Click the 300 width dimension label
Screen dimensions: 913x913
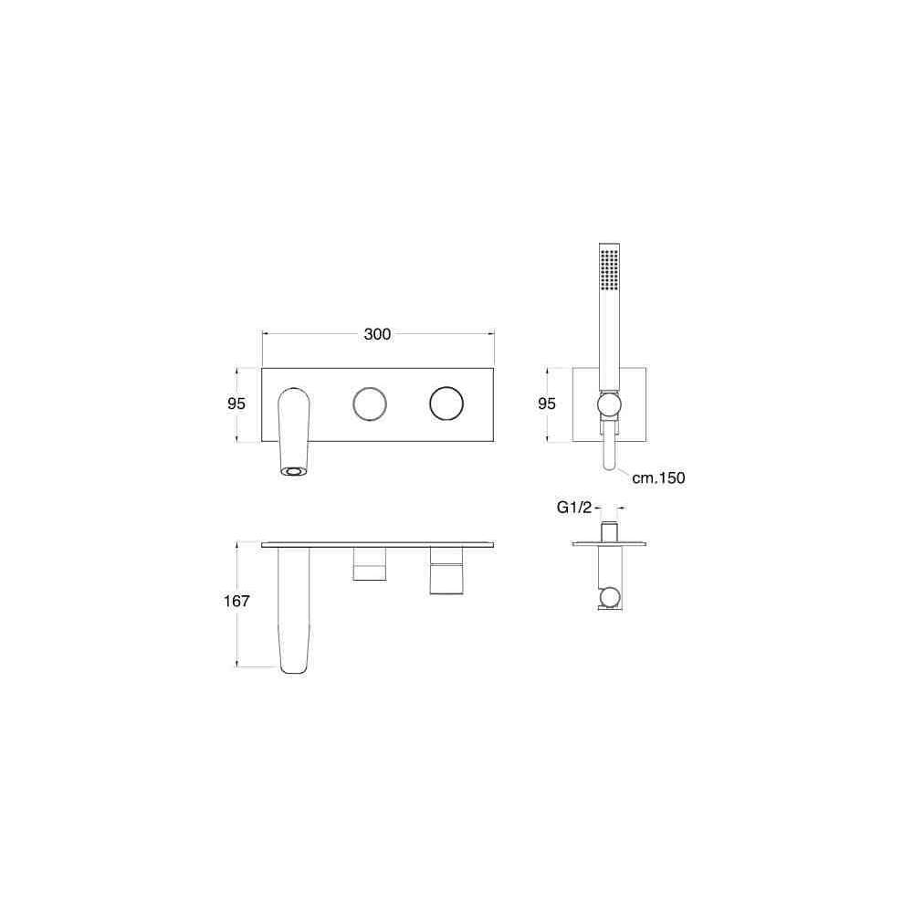pos(377,334)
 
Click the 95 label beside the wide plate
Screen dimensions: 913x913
pos(236,404)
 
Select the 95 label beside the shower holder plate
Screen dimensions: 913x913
pos(547,404)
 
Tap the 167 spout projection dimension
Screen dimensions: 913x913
pos(236,601)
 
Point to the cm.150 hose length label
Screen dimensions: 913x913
pos(658,478)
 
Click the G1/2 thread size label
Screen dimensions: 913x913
pos(574,508)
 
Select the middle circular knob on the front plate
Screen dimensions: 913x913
pos(370,404)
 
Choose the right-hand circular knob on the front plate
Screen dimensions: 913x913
pos(446,404)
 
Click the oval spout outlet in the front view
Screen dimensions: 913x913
pos(293,470)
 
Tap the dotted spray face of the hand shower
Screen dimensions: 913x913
pos(610,270)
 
